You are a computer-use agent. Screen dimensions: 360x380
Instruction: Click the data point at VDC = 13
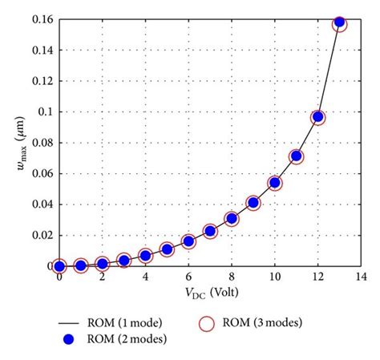click(x=339, y=23)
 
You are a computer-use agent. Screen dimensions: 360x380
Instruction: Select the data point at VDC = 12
click(x=317, y=117)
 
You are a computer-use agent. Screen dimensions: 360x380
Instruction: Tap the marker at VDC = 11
click(x=296, y=156)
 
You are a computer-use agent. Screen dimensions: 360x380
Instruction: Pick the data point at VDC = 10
click(x=274, y=183)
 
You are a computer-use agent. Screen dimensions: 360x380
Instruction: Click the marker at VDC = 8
click(x=232, y=218)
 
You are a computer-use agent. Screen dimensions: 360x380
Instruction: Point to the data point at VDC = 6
click(x=188, y=241)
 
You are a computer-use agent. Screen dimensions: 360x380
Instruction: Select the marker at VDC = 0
click(x=59, y=265)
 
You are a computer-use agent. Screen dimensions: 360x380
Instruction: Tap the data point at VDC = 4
click(x=145, y=256)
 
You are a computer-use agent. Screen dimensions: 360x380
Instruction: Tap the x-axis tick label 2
click(x=103, y=277)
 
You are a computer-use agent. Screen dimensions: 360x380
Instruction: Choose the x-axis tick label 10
click(x=274, y=277)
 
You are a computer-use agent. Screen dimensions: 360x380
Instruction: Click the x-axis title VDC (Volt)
click(x=210, y=292)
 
